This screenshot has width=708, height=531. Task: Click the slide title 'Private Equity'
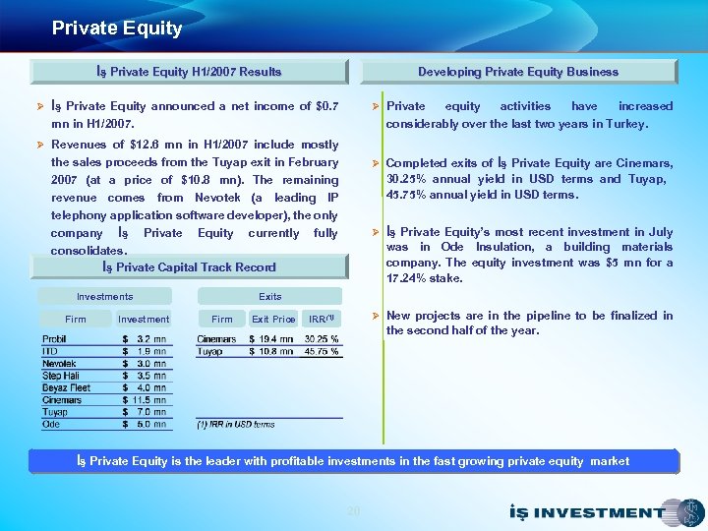(x=117, y=29)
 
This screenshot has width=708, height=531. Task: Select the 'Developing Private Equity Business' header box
(x=518, y=72)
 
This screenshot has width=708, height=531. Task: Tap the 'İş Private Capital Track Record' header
(x=189, y=267)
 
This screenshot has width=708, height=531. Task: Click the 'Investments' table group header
(x=104, y=296)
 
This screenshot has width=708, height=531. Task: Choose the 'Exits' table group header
(x=269, y=296)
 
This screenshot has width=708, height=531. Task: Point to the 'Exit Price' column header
(x=272, y=319)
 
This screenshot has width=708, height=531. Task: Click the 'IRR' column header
(x=322, y=319)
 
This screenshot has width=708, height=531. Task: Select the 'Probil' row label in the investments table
(x=55, y=339)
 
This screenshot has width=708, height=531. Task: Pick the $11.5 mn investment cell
(x=144, y=400)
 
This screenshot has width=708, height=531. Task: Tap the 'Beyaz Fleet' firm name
(x=66, y=387)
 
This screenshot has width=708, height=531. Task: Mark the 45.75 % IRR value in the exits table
(x=322, y=351)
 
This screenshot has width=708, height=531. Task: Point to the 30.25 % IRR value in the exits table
(x=322, y=339)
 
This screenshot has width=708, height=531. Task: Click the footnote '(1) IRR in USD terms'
(x=236, y=425)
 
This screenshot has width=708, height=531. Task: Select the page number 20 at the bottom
(x=354, y=509)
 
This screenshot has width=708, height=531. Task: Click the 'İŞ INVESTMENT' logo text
(x=587, y=512)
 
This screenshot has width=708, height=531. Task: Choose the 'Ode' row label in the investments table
(x=51, y=424)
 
